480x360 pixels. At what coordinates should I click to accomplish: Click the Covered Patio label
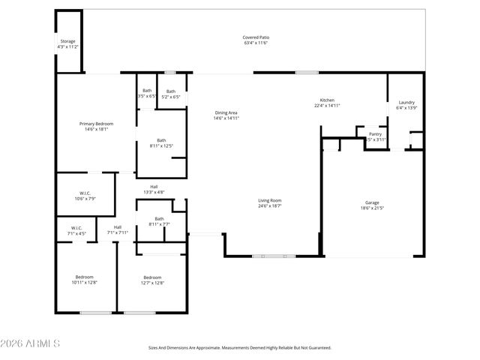(255, 40)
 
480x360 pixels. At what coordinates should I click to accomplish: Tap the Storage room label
(67, 43)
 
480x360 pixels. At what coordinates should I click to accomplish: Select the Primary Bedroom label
(96, 126)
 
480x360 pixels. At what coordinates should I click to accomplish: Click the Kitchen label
(327, 103)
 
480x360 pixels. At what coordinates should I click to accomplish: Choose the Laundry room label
(406, 105)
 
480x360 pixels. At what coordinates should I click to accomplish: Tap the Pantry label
(375, 136)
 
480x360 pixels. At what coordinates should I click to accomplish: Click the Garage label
(372, 205)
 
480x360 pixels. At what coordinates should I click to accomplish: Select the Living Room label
(270, 202)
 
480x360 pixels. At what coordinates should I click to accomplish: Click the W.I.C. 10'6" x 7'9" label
(85, 196)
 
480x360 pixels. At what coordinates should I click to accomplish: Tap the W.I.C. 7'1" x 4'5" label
(76, 230)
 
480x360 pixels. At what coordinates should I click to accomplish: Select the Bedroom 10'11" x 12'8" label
(84, 280)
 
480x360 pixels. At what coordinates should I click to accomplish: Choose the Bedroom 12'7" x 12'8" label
(152, 280)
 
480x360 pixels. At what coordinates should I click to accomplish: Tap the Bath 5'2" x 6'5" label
(172, 94)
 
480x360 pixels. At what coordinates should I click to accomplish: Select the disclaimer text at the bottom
(239, 348)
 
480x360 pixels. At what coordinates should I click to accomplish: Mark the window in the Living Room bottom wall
(273, 256)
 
